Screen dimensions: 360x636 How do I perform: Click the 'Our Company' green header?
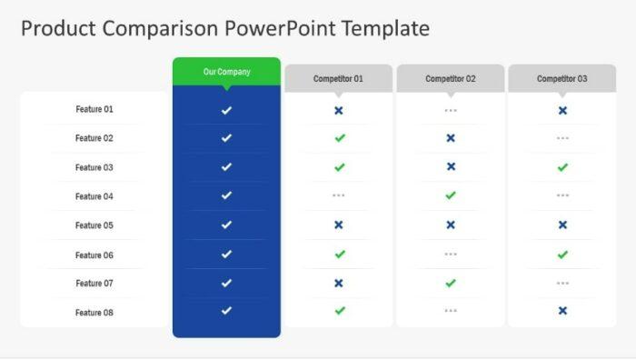(226, 72)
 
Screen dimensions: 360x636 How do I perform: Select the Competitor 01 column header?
(338, 79)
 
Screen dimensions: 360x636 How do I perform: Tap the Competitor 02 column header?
(450, 79)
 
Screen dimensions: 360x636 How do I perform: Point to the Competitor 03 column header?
(561, 79)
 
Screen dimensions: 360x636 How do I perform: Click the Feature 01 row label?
(94, 109)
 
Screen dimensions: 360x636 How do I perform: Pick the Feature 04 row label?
(94, 196)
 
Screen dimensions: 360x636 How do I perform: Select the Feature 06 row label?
(94, 255)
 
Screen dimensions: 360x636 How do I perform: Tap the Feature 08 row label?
(94, 313)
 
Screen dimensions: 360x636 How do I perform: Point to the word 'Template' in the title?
(385, 28)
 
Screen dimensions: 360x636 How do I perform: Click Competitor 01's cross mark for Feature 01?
(339, 110)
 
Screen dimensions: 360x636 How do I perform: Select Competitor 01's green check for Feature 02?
(339, 138)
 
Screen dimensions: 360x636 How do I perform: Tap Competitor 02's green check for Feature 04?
(451, 195)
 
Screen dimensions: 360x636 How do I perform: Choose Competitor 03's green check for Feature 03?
(562, 167)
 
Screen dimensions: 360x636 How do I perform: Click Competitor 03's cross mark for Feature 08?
(562, 311)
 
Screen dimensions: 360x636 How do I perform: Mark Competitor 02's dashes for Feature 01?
(451, 110)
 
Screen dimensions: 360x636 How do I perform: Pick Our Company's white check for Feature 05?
(226, 225)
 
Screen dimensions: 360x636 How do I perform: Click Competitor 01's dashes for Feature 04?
(339, 195)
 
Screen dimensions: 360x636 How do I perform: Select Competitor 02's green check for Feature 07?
(451, 283)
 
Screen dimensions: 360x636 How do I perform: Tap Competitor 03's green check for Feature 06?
(562, 255)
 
